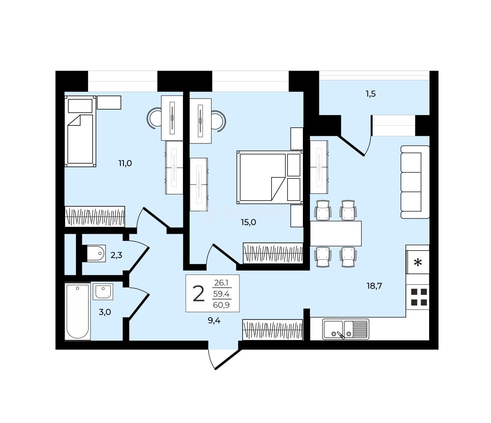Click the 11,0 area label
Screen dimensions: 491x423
click(x=125, y=164)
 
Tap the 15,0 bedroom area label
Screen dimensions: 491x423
click(x=248, y=222)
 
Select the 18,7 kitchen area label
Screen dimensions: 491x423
click(x=374, y=286)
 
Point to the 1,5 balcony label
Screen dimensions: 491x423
click(x=371, y=94)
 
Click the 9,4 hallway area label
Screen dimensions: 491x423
click(x=214, y=321)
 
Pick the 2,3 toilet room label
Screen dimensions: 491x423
click(x=116, y=255)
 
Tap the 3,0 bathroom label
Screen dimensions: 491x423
click(x=105, y=312)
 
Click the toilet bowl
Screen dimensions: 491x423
click(x=95, y=253)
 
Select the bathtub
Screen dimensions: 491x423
click(x=78, y=311)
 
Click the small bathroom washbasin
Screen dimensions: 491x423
click(x=103, y=291)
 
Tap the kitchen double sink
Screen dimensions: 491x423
click(x=346, y=329)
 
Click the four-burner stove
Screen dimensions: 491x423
click(x=419, y=297)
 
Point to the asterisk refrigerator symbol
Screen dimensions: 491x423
click(x=418, y=262)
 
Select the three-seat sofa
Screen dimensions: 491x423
click(x=415, y=182)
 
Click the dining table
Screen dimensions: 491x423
click(x=336, y=233)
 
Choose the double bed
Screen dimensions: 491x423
click(x=270, y=177)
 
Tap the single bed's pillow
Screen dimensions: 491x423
click(x=80, y=106)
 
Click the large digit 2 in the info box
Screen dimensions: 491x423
click(x=199, y=294)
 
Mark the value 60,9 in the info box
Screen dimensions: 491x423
click(x=221, y=305)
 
